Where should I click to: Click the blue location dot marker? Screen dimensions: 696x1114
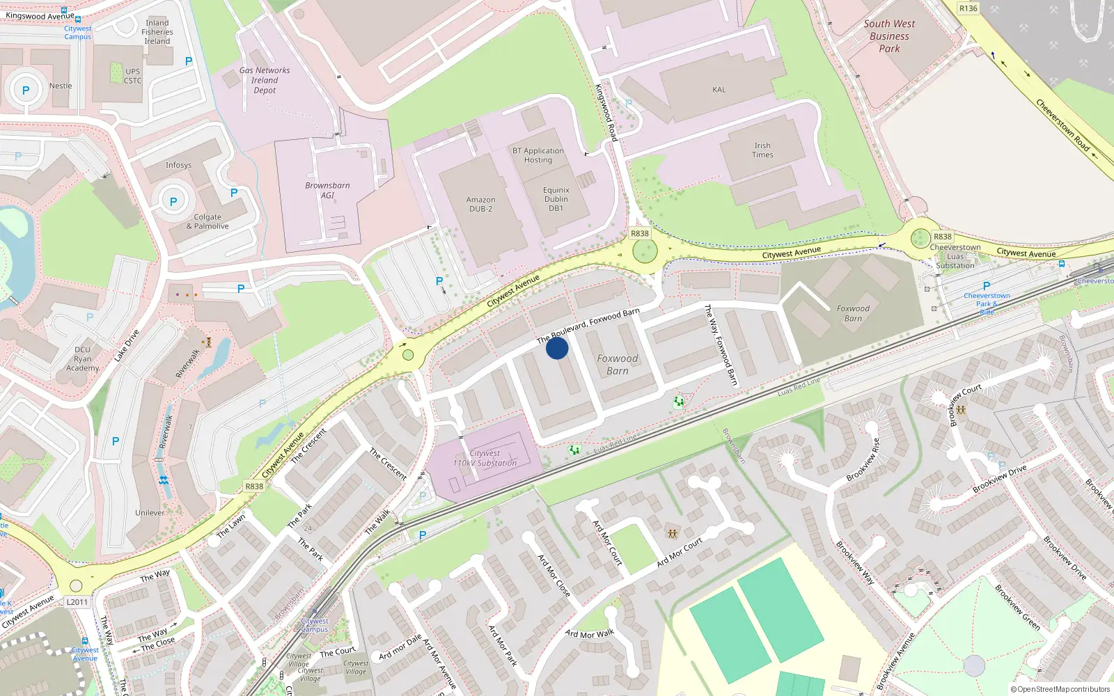pyautogui.click(x=557, y=348)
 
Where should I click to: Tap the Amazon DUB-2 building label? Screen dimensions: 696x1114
pyautogui.click(x=480, y=204)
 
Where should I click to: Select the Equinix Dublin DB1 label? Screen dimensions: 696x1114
pyautogui.click(x=556, y=199)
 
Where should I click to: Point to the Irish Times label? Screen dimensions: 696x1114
pyautogui.click(x=762, y=150)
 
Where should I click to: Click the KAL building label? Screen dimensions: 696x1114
pyautogui.click(x=719, y=90)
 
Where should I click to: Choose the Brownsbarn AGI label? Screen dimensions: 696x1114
pyautogui.click(x=327, y=190)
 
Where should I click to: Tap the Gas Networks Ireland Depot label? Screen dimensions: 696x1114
pyautogui.click(x=265, y=80)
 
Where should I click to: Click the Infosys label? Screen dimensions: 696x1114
pyautogui.click(x=178, y=165)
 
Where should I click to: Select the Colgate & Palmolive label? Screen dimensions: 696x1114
pyautogui.click(x=207, y=221)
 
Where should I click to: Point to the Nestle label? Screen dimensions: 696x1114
pyautogui.click(x=61, y=86)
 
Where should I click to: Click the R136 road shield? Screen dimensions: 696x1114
pyautogui.click(x=968, y=8)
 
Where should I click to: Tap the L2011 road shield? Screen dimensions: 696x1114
pyautogui.click(x=77, y=602)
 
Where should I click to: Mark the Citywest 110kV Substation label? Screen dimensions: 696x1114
pyautogui.click(x=485, y=458)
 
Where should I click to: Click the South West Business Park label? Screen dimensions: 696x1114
pyautogui.click(x=889, y=36)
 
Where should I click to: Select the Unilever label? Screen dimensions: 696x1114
pyautogui.click(x=150, y=512)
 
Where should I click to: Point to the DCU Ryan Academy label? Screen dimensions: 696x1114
pyautogui.click(x=83, y=358)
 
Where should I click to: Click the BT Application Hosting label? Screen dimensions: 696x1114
pyautogui.click(x=538, y=155)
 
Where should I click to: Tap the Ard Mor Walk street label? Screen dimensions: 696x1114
pyautogui.click(x=590, y=634)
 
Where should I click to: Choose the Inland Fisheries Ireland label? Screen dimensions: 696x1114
pyautogui.click(x=157, y=32)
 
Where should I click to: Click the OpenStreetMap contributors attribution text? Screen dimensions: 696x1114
pyautogui.click(x=1060, y=689)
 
